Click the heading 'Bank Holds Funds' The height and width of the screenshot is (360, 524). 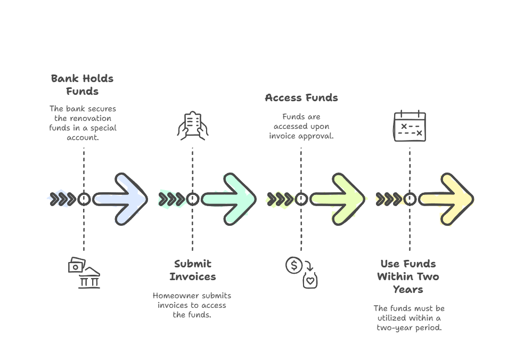83,85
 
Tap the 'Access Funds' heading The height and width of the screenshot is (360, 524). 301,98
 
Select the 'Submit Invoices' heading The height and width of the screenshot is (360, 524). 193,270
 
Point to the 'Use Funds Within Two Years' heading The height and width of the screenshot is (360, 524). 408,276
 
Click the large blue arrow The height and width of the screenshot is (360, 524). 121,199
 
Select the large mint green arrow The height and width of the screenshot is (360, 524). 230,199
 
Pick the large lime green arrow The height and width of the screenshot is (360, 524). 339,199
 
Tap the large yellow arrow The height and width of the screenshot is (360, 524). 447,199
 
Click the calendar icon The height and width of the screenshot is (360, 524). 410,126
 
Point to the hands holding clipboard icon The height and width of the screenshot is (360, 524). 193,126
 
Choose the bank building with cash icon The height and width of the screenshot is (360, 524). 84,272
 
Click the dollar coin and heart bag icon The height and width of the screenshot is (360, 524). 301,272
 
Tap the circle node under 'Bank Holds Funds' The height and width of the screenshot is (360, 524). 84,199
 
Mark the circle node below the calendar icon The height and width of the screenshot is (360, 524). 410,199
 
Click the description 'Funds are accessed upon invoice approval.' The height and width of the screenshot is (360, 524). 301,126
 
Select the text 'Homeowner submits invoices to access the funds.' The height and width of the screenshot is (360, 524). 192,305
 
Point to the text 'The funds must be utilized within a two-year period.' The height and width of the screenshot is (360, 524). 408,318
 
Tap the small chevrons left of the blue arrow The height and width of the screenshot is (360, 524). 62,199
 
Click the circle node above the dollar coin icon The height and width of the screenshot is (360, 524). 301,199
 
